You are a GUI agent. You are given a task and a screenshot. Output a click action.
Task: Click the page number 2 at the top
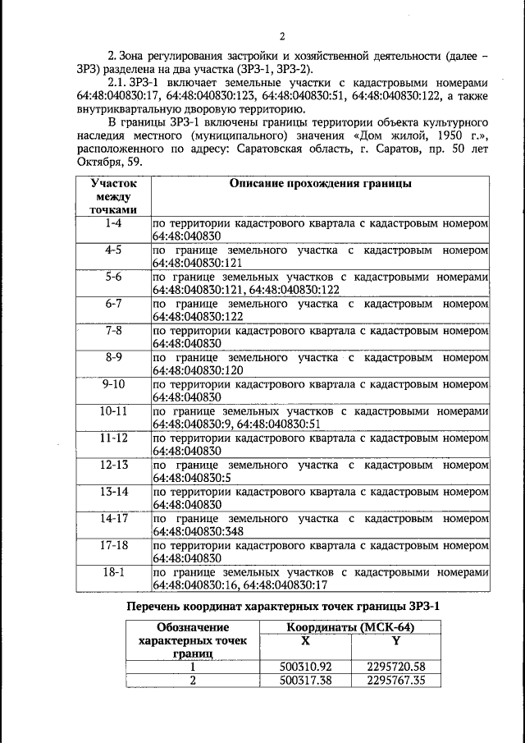281,35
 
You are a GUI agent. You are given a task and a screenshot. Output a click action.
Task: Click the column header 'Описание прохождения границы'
321,184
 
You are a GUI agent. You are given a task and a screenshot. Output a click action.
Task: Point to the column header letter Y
395,640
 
